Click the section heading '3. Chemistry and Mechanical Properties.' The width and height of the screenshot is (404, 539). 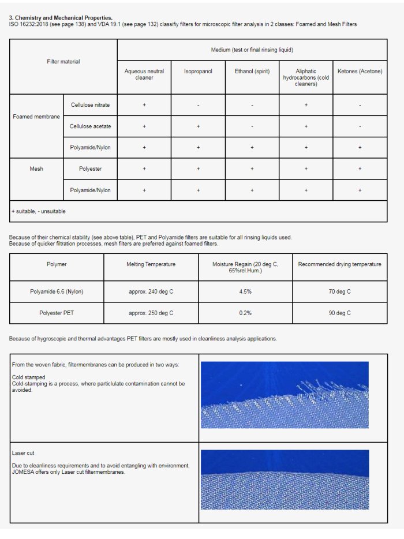[x=61, y=18]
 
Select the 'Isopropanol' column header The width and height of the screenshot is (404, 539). [x=198, y=72]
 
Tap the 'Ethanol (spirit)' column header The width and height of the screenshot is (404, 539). [x=252, y=72]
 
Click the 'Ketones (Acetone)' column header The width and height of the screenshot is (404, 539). [x=360, y=72]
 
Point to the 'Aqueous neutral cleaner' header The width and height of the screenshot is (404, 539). [x=144, y=74]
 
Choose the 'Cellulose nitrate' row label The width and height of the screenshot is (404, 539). [x=91, y=105]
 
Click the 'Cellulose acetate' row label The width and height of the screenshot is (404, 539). [x=91, y=126]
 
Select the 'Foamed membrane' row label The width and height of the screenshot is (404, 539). [x=36, y=117]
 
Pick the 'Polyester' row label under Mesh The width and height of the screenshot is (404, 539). [x=91, y=169]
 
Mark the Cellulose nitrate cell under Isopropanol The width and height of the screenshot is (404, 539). [x=198, y=105]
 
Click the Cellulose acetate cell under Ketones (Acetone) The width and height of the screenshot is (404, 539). [x=360, y=126]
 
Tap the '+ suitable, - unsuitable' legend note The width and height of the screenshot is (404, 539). [x=39, y=211]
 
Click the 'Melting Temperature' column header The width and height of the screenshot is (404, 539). [x=151, y=264]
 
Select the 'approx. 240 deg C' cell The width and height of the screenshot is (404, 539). [x=151, y=292]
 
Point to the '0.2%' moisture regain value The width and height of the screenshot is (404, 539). [x=245, y=313]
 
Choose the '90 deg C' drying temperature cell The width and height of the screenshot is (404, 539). [x=339, y=313]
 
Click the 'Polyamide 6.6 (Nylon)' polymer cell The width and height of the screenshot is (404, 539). [x=57, y=292]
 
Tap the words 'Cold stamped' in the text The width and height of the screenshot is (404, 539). [x=28, y=377]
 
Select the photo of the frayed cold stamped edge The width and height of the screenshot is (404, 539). [x=285, y=395]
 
